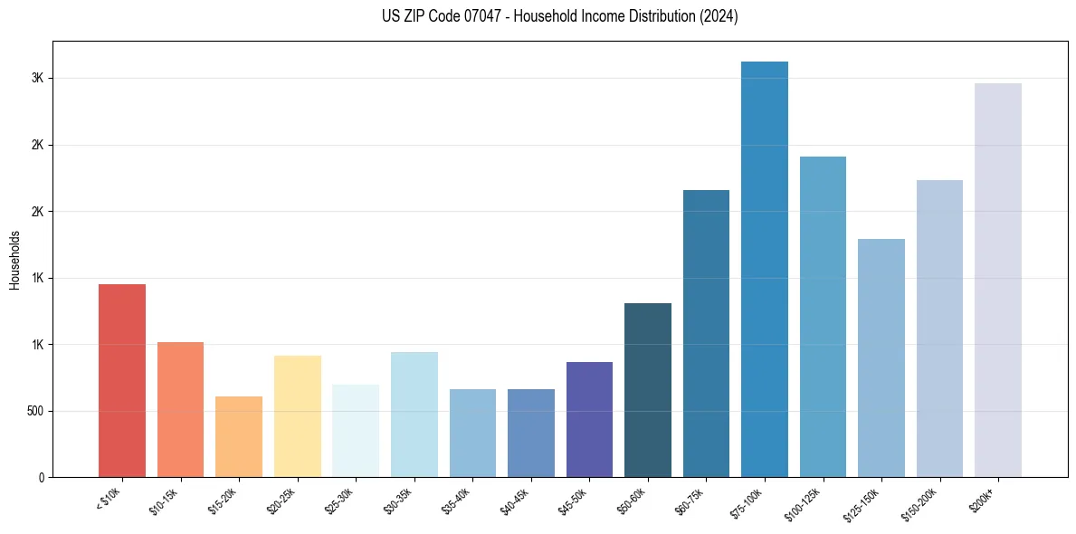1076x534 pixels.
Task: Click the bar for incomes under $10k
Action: [x=122, y=380]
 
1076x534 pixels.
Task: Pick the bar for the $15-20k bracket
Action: [x=239, y=436]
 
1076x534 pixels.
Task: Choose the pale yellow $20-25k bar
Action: [x=298, y=416]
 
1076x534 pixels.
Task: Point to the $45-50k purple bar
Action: [x=589, y=419]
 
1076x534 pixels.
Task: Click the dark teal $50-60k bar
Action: [x=648, y=390]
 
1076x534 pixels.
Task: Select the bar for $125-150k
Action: [x=881, y=358]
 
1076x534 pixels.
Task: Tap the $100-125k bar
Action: [x=823, y=317]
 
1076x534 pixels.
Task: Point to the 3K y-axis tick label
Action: [x=37, y=79]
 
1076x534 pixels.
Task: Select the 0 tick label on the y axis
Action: [x=40, y=477]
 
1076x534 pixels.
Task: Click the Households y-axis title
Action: [x=14, y=260]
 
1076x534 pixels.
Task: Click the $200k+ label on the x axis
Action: [x=984, y=501]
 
